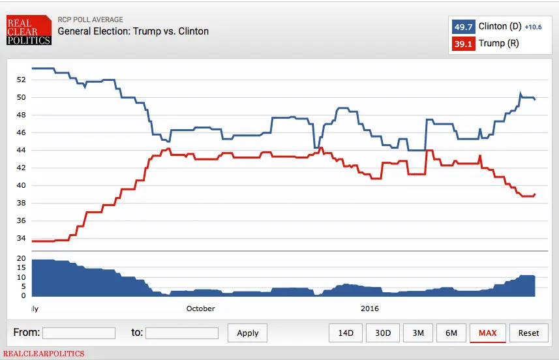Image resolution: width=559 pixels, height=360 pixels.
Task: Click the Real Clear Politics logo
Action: (28, 31)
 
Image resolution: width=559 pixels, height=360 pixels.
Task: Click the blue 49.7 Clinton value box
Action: (463, 27)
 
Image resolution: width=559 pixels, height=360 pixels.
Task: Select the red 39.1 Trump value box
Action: (463, 44)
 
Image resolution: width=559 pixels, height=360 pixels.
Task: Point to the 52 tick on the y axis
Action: (21, 80)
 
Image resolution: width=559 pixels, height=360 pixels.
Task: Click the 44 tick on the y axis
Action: (21, 150)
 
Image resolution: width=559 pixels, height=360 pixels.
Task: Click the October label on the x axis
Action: (200, 308)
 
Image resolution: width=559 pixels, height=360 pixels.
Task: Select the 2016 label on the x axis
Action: (369, 308)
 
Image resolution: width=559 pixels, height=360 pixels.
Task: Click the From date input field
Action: (78, 333)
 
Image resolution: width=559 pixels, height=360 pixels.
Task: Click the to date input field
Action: (181, 333)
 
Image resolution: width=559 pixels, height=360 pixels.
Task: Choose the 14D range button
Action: (345, 333)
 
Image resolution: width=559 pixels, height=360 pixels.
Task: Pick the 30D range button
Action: (383, 333)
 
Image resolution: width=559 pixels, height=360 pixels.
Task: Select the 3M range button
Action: (418, 333)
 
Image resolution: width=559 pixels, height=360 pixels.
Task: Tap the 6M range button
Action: (451, 333)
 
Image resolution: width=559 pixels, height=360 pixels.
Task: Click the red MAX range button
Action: (487, 333)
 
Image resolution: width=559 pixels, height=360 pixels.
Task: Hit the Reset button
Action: (528, 333)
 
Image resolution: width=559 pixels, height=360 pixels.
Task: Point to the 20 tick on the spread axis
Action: (21, 259)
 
